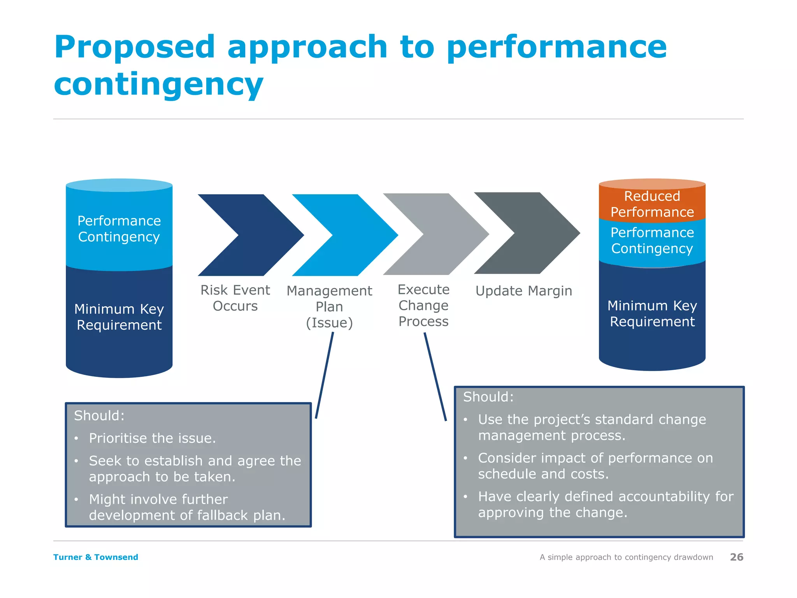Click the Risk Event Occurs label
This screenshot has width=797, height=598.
click(x=235, y=298)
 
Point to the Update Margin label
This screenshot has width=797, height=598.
click(x=524, y=291)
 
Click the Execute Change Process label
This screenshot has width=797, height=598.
click(x=423, y=305)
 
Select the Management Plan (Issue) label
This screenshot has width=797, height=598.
click(x=329, y=306)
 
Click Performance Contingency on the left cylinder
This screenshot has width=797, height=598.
click(x=119, y=229)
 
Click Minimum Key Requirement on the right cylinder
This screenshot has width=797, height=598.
click(x=652, y=313)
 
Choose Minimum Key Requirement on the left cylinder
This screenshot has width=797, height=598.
click(x=119, y=317)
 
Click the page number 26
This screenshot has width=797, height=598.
click(x=736, y=557)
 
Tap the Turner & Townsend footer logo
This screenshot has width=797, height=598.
click(x=96, y=557)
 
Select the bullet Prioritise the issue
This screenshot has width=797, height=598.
click(x=152, y=438)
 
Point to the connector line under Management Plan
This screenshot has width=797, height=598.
click(x=324, y=376)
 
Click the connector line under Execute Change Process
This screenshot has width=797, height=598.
click(x=435, y=376)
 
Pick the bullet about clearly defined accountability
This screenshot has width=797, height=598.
click(x=605, y=504)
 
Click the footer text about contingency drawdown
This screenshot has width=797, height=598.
click(x=626, y=557)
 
